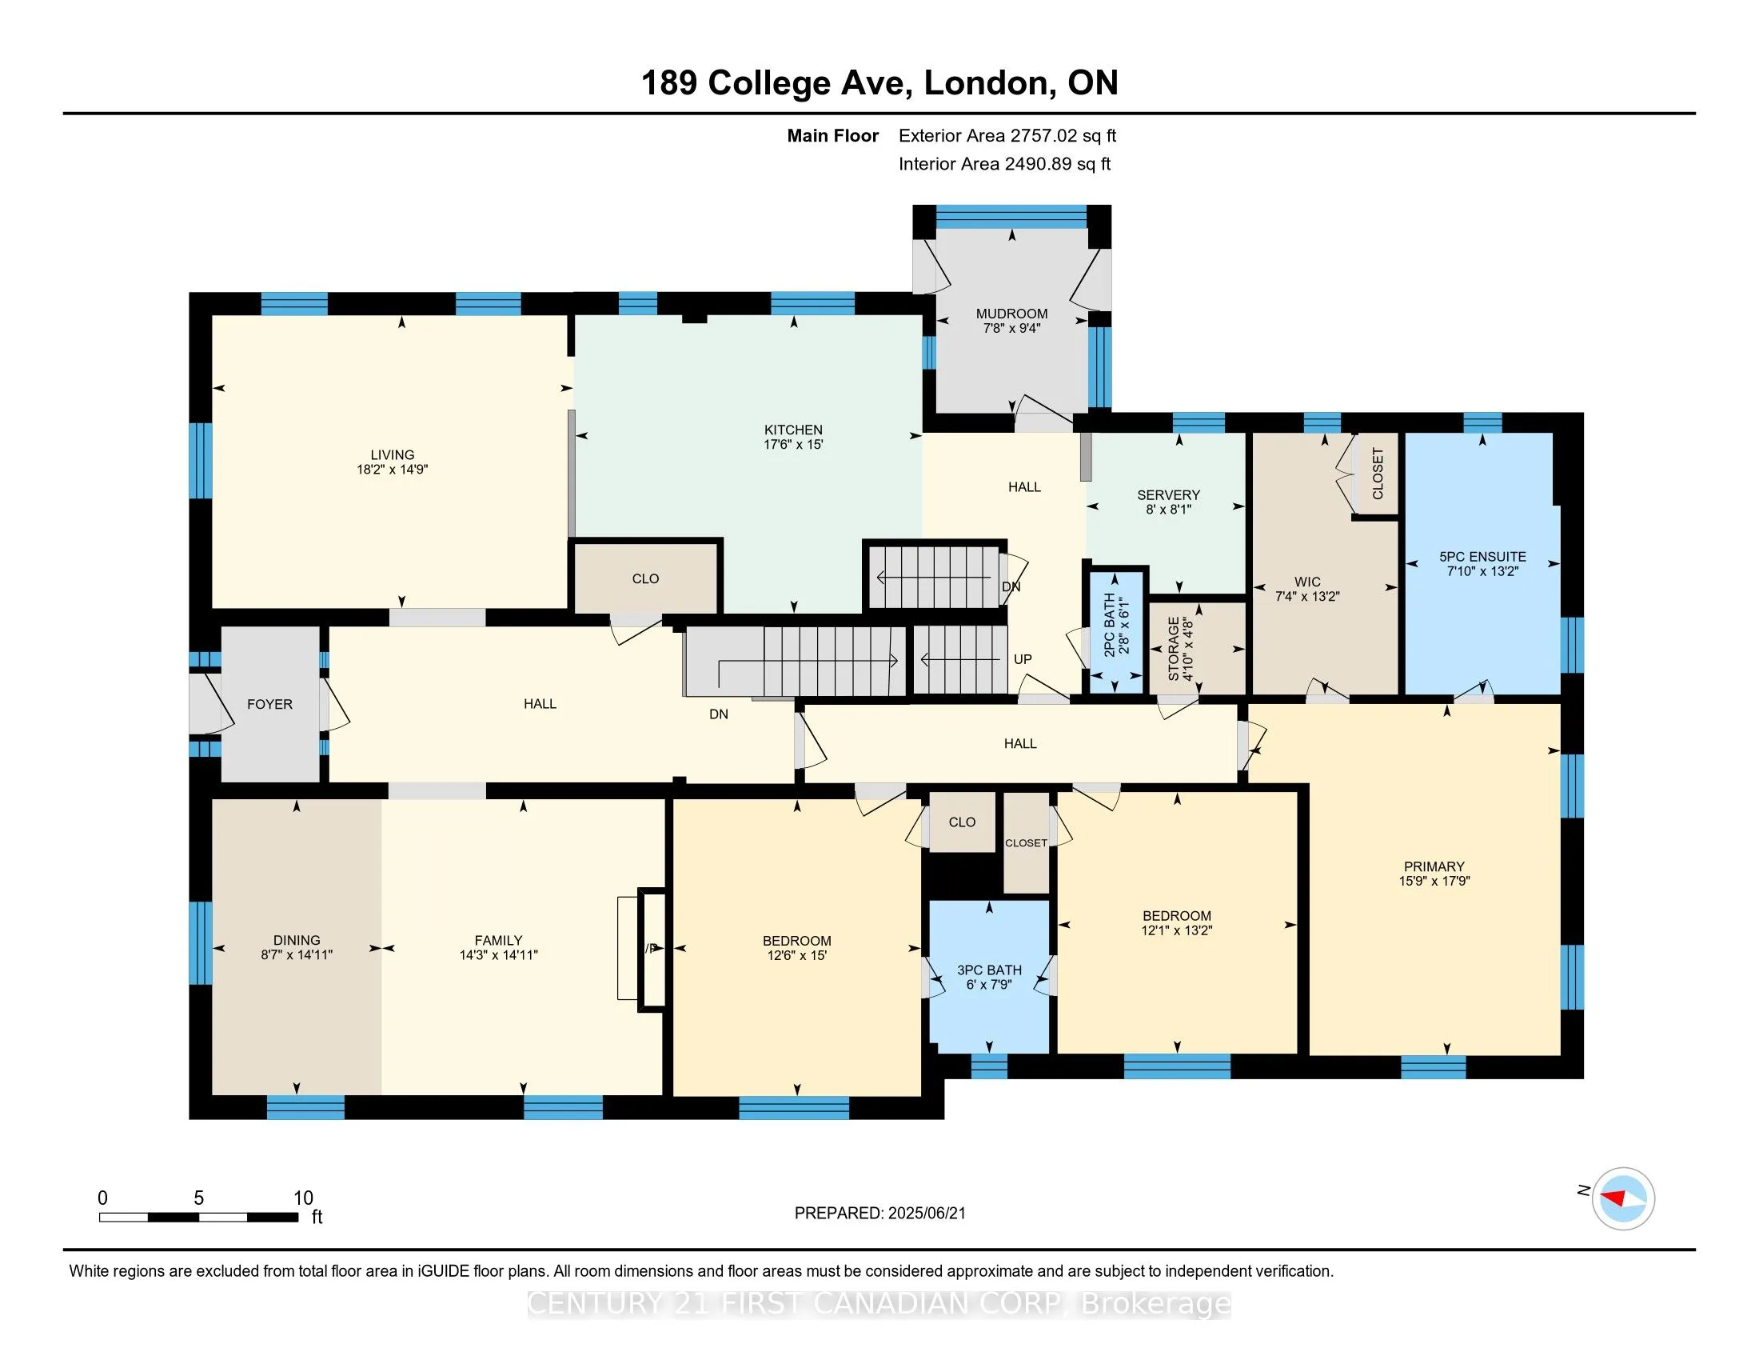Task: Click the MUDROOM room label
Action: [x=1011, y=314]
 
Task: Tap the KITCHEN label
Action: [x=793, y=430]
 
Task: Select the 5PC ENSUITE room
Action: [x=1482, y=564]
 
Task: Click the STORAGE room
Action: [x=1197, y=648]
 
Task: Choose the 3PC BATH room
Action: [x=989, y=977]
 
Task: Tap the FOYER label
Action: [x=269, y=704]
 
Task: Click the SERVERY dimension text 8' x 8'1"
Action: [x=1169, y=509]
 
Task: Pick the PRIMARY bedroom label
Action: [x=1434, y=867]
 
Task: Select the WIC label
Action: [x=1307, y=582]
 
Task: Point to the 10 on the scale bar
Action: [x=303, y=1198]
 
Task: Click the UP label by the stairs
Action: [x=1023, y=659]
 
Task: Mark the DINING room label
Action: [x=297, y=940]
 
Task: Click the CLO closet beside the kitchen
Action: [x=646, y=578]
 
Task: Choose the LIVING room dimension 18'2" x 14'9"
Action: [x=393, y=470]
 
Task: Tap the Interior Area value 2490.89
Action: [x=1038, y=163]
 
